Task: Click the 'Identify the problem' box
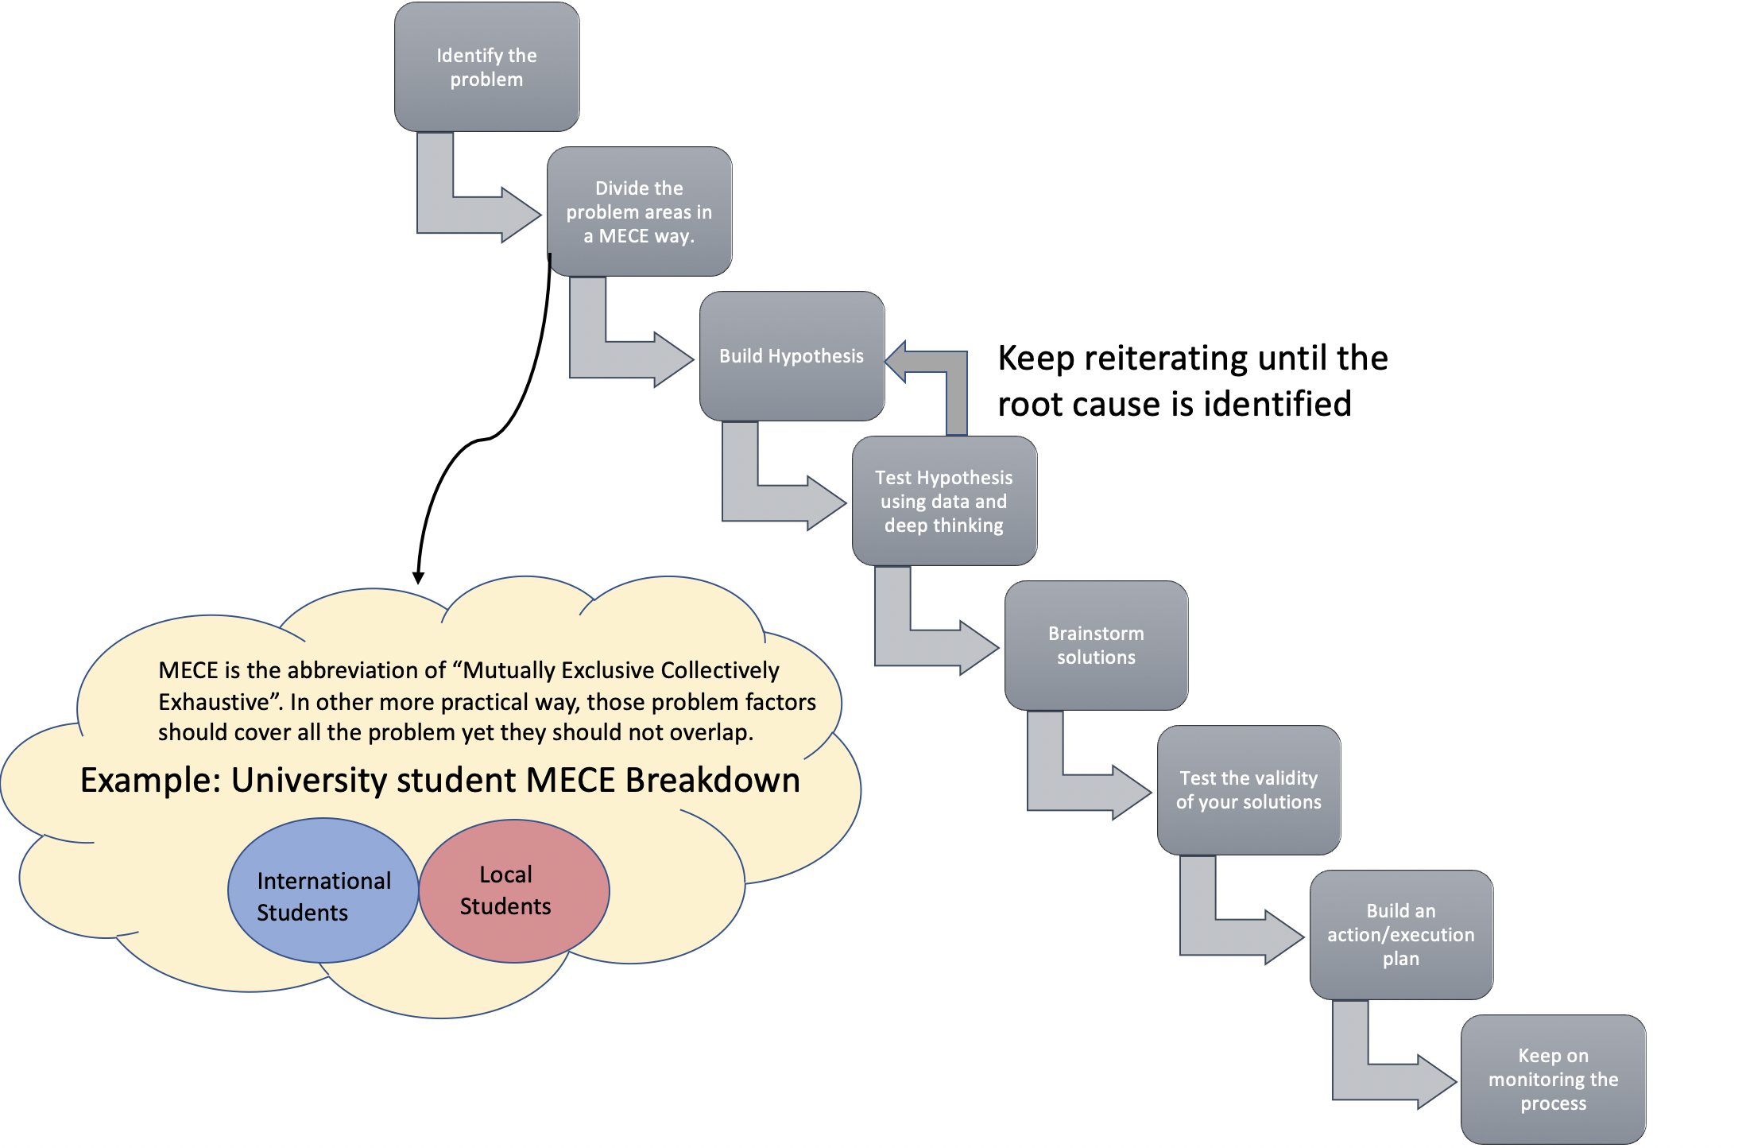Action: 486,68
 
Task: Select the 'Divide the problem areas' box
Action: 639,211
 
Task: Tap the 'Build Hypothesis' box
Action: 792,356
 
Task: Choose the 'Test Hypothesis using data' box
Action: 944,501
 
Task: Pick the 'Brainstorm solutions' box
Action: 1096,645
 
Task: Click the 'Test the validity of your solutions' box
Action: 1248,789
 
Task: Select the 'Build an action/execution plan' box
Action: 1401,934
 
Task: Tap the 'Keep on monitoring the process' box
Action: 1553,1079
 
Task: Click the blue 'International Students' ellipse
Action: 323,890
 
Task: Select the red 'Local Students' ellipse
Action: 513,890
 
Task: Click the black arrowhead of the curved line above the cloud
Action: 418,578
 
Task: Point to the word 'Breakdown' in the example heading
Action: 712,781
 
